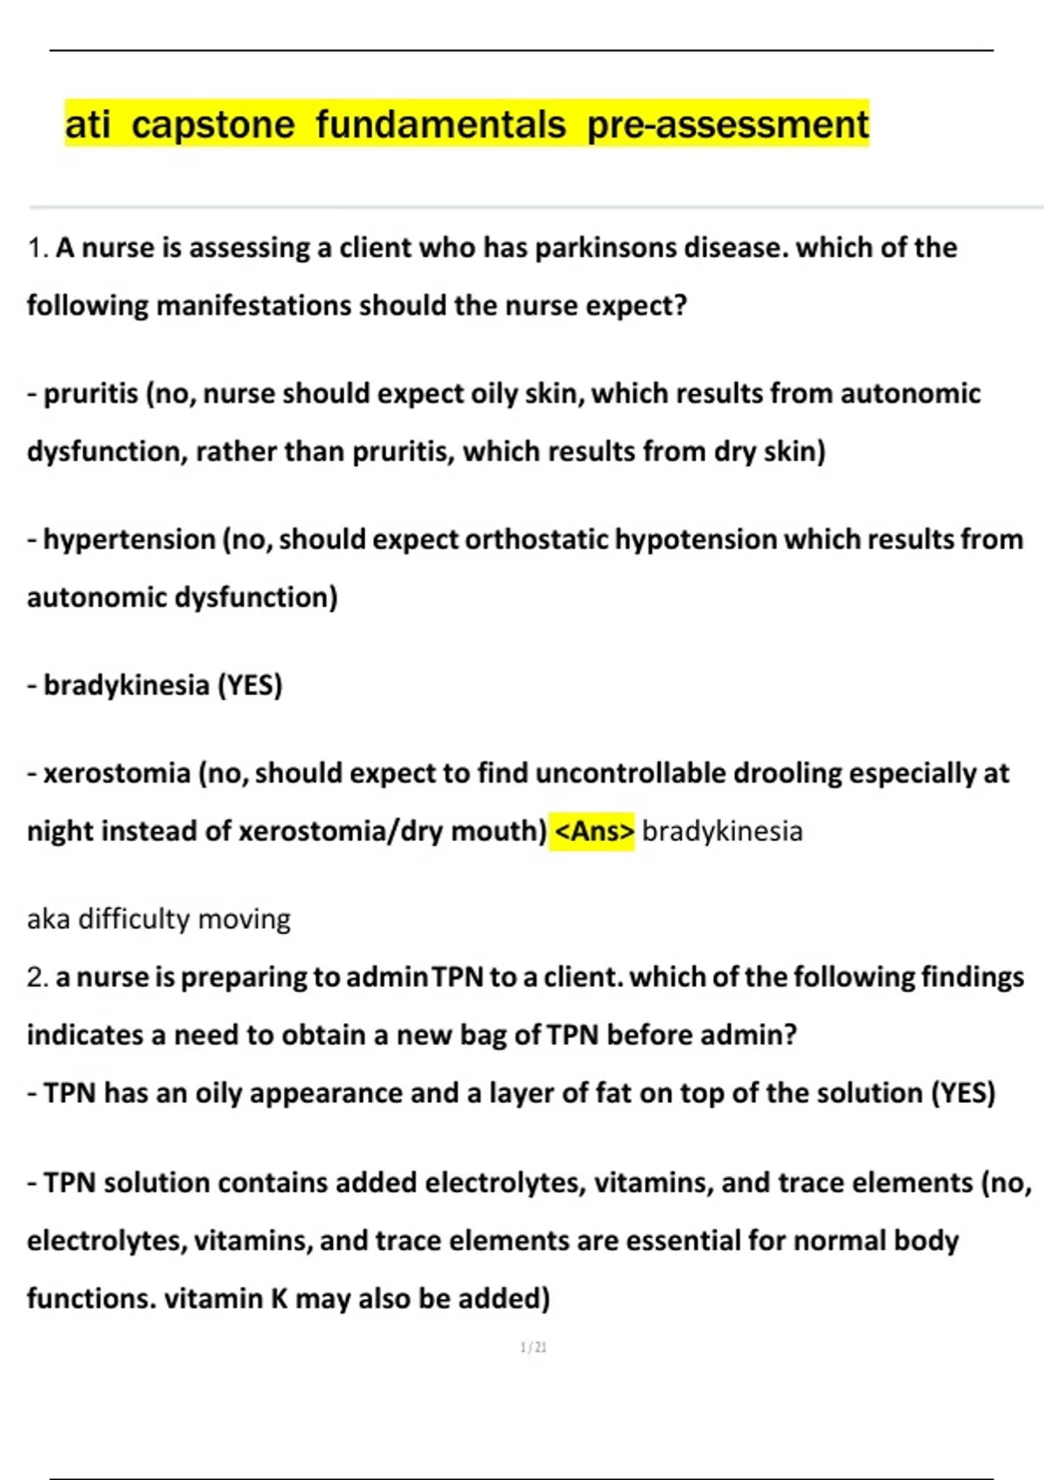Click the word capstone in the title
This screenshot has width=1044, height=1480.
pyautogui.click(x=213, y=124)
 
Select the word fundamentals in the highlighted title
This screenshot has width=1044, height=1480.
pyautogui.click(x=440, y=123)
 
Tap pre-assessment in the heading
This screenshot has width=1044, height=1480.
pyautogui.click(x=727, y=123)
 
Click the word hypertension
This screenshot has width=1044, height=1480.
pyautogui.click(x=129, y=540)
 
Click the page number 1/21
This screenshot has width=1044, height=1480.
pyautogui.click(x=533, y=1348)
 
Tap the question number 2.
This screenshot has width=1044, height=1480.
pyautogui.click(x=37, y=977)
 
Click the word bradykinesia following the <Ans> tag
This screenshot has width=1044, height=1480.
pyautogui.click(x=722, y=831)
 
